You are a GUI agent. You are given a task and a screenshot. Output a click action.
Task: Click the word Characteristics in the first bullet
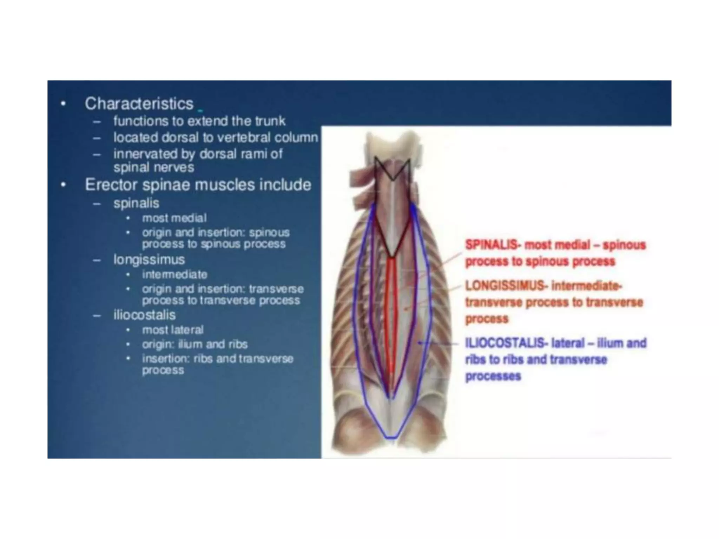(x=139, y=104)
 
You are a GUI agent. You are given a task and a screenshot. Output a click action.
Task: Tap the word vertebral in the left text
(x=243, y=138)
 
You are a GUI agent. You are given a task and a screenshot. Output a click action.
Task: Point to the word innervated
(x=145, y=154)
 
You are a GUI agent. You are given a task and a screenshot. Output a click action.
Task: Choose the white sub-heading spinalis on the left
(x=136, y=203)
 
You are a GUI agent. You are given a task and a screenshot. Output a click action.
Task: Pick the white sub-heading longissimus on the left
(x=149, y=260)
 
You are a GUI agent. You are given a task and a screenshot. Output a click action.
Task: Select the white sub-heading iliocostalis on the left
(x=144, y=315)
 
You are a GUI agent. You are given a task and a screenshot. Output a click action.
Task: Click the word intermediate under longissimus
(x=174, y=274)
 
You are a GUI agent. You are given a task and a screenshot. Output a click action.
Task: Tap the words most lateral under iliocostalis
(x=173, y=330)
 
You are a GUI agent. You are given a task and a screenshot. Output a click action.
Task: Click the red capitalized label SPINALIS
(x=491, y=245)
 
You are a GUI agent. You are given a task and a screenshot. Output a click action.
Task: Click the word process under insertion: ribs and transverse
(x=163, y=371)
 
